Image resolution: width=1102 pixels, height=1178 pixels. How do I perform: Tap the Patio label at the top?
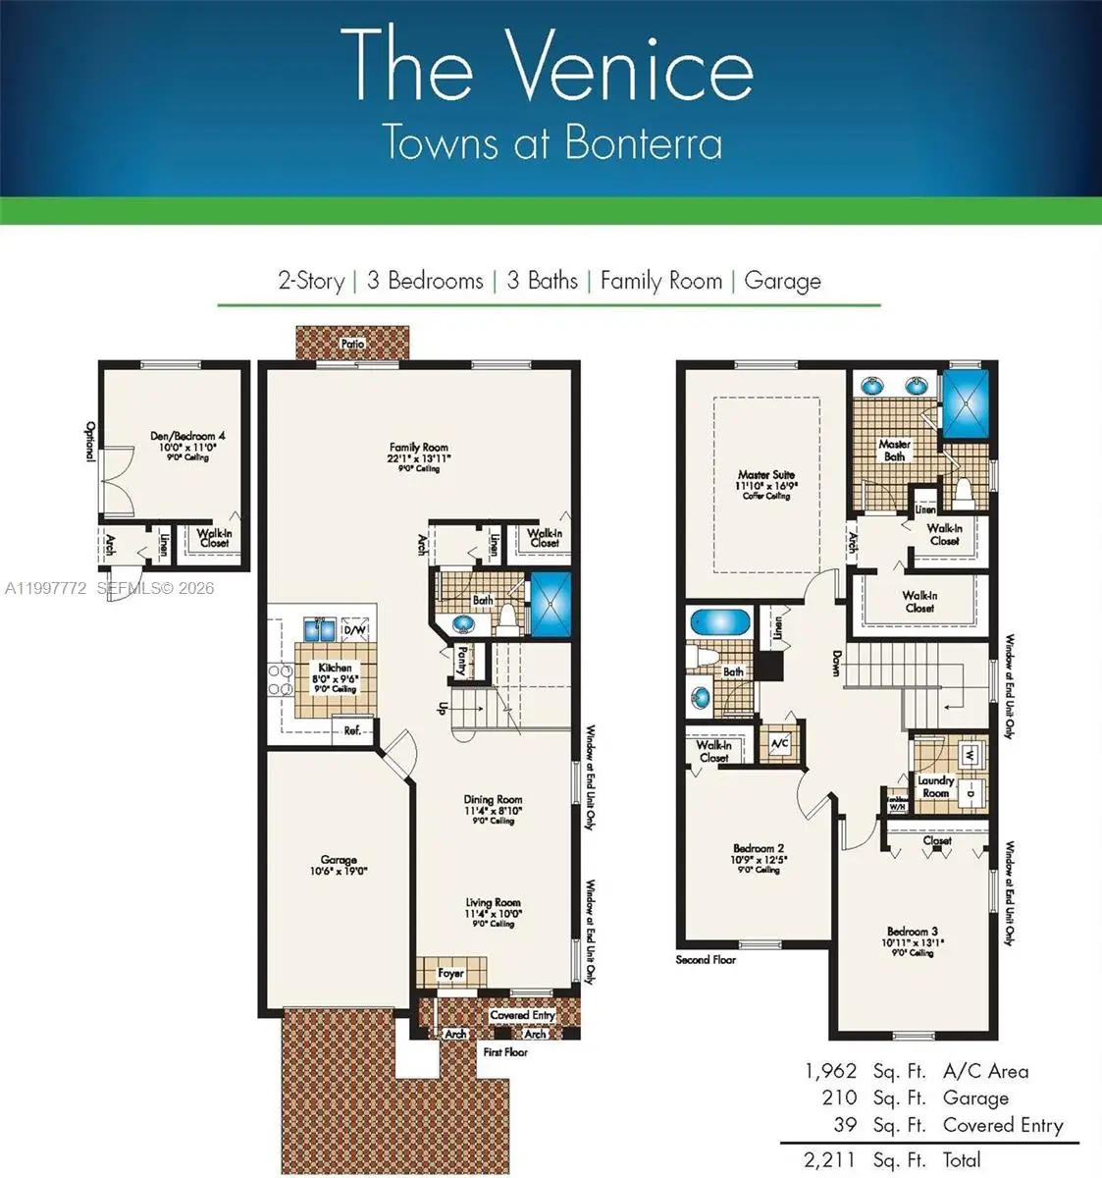point(352,344)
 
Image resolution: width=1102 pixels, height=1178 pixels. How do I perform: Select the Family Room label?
point(418,448)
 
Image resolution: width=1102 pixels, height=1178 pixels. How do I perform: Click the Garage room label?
point(338,860)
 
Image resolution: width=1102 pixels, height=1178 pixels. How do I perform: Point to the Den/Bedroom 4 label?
point(187,436)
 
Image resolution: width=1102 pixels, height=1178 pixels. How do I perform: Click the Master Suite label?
point(766,475)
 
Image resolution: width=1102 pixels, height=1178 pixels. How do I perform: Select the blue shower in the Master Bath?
point(968,402)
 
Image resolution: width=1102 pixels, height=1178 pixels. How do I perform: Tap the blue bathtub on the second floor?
point(719,622)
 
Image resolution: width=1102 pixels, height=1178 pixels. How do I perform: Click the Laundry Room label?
point(935,786)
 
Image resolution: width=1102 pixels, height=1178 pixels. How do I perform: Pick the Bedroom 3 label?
point(913,932)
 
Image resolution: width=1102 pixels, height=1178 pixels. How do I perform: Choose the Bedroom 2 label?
point(759,848)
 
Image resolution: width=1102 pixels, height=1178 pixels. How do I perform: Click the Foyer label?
point(450,974)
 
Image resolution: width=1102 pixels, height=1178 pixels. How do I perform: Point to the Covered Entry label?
point(522,1015)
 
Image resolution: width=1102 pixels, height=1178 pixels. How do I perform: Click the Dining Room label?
point(493,800)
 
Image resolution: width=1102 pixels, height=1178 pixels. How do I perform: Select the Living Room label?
point(493,903)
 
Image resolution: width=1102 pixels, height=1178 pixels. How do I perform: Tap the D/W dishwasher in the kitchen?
point(356,629)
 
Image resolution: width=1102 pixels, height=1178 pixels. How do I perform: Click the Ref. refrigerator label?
point(351,730)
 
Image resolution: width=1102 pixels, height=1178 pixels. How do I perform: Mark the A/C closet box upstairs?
point(780,743)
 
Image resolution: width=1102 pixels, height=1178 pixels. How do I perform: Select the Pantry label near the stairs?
point(460,660)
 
